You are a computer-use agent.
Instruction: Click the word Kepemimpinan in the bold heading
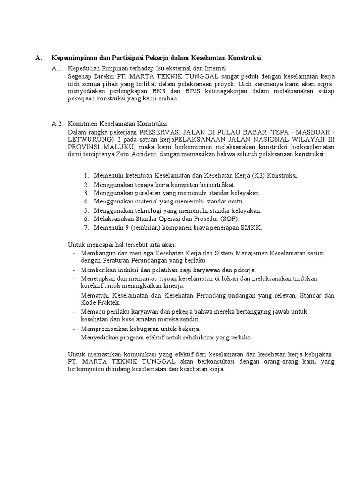point(74,58)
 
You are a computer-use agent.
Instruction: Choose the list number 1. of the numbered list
point(87,175)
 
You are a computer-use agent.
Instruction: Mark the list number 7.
point(87,228)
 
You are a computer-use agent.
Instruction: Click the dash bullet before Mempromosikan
point(74,329)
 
